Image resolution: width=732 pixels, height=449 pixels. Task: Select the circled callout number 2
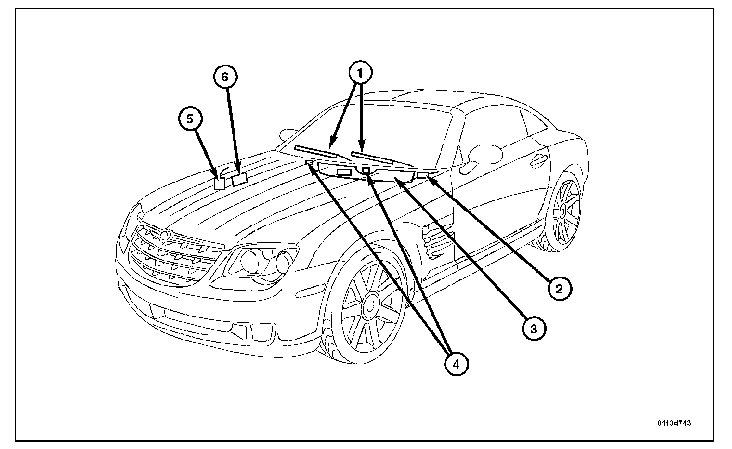pyautogui.click(x=559, y=289)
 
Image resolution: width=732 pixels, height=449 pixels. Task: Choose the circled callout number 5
pyautogui.click(x=191, y=119)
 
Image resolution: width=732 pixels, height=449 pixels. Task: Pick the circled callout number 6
pyautogui.click(x=226, y=76)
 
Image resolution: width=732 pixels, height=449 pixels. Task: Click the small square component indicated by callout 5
pyautogui.click(x=220, y=184)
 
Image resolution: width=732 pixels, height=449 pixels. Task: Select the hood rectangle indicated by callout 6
pyautogui.click(x=239, y=180)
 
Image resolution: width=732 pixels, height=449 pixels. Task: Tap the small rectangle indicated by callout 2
pyautogui.click(x=422, y=175)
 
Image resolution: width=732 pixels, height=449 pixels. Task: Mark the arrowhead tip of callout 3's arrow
pyautogui.click(x=395, y=178)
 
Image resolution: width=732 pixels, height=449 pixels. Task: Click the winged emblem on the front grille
pyautogui.click(x=165, y=236)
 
